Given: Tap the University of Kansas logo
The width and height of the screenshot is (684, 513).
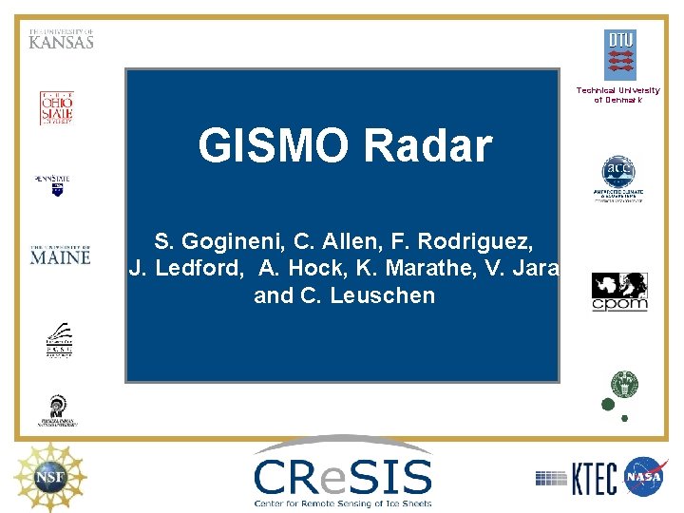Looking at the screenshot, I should (x=61, y=39).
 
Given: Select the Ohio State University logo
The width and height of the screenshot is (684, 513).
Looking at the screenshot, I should (x=56, y=108).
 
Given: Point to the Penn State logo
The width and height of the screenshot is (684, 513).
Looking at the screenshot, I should (x=55, y=183).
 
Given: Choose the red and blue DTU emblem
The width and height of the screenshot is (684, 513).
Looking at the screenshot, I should (x=619, y=55).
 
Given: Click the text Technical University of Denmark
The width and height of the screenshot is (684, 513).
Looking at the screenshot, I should (x=617, y=95).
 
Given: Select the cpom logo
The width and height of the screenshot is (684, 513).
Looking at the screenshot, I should (x=619, y=292).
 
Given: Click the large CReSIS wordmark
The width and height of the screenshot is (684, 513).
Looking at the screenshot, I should (x=342, y=472).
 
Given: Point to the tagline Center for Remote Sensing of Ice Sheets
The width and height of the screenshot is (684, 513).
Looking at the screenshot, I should (x=342, y=503).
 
